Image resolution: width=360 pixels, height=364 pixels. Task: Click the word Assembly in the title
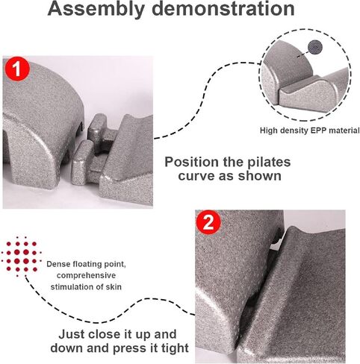pos(96,8)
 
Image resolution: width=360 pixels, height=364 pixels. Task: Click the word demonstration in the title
pos(223,8)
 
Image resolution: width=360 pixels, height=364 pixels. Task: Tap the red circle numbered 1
pos(17,69)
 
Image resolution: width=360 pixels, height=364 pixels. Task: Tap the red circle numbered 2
pos(208,222)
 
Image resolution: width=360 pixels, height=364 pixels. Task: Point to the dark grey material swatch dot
pos(315,47)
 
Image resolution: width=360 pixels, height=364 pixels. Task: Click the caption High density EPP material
pos(310,131)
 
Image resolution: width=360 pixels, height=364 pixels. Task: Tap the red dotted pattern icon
pos(22,257)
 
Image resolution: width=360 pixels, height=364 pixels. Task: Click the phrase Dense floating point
pos(86,264)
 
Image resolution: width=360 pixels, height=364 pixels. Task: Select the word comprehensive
pos(86,275)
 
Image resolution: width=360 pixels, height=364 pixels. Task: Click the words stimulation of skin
pos(86,286)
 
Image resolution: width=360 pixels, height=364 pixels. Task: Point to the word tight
pos(175,348)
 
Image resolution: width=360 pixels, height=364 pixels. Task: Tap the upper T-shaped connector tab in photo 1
pos(99,134)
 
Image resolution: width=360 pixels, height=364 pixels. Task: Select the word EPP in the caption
pos(318,131)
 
